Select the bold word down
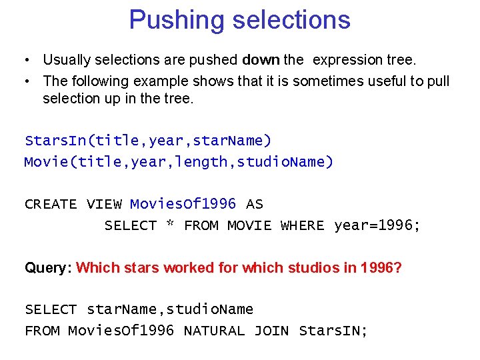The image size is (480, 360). [261, 60]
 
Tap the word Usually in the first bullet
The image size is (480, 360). [67, 60]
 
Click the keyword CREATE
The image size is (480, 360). [51, 205]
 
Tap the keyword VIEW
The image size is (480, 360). [104, 205]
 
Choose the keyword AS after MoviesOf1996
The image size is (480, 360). [255, 205]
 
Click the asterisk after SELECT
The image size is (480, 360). [171, 225]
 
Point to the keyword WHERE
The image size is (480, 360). [303, 226]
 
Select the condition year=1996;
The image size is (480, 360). [377, 225]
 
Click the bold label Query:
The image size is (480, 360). [48, 268]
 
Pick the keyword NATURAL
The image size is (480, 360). [214, 331]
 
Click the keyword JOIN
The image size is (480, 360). [271, 331]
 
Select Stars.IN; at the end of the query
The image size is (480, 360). [333, 331]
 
